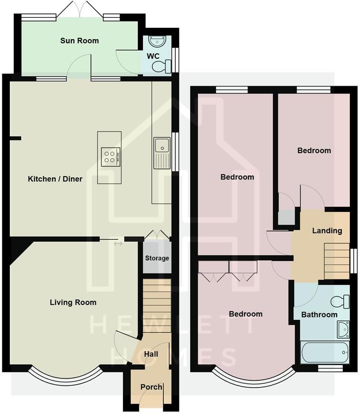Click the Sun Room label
[79, 41]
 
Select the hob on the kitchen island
[111, 157]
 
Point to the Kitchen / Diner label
[55, 179]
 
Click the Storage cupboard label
[157, 258]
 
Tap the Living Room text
[73, 302]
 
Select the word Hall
[151, 354]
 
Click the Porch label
[151, 387]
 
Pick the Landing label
[327, 230]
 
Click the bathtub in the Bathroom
[325, 353]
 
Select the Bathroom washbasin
[343, 329]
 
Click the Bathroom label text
[319, 314]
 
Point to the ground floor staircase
[157, 306]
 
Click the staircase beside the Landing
[337, 261]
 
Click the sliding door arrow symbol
[118, 244]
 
